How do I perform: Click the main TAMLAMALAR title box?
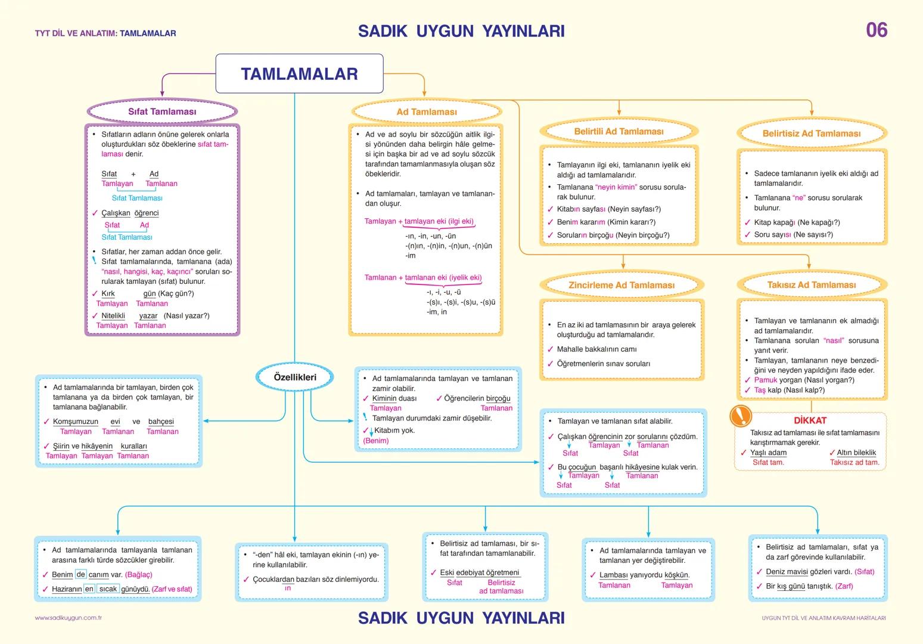point(299,74)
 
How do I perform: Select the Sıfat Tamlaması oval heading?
point(162,112)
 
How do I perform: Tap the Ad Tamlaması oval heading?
point(427,112)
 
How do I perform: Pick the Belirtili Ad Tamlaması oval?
point(619,131)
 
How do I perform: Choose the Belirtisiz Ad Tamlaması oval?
point(812,134)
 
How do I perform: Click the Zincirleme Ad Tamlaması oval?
point(621,285)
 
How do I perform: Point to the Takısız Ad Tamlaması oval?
point(812,285)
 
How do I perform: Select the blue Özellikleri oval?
point(295,377)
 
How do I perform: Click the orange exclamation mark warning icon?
point(741,415)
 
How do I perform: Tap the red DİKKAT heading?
point(810,420)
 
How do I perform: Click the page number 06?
point(877,30)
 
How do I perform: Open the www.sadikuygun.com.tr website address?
point(69,618)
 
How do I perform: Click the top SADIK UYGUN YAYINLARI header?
point(461,31)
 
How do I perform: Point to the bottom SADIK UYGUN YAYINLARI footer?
point(461,618)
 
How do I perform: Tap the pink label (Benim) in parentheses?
point(376,441)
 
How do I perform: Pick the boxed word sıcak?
point(108,589)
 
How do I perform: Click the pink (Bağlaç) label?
point(139,575)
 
